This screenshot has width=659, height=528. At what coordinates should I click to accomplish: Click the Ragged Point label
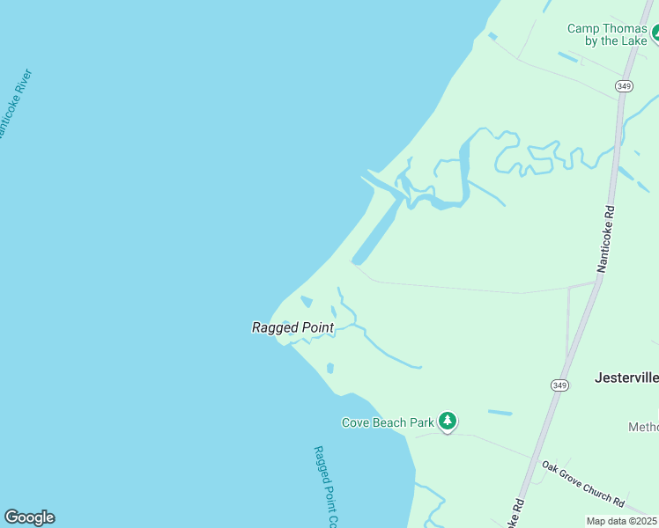[x=292, y=327]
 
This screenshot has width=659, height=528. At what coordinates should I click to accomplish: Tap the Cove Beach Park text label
[x=388, y=422]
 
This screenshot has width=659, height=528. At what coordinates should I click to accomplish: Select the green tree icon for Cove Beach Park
[x=448, y=422]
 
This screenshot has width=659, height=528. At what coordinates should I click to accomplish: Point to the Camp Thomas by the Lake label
[x=607, y=34]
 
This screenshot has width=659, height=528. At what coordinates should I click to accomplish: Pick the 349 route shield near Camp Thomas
[x=624, y=85]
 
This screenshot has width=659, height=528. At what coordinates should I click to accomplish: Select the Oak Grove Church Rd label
[x=582, y=484]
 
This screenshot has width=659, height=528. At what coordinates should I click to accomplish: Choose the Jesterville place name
[x=626, y=378]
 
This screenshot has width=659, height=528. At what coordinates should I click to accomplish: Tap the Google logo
[x=29, y=517]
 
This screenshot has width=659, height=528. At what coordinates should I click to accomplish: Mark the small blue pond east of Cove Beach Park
[x=500, y=412]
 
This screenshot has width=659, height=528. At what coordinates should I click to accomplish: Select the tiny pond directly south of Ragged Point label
[x=329, y=368]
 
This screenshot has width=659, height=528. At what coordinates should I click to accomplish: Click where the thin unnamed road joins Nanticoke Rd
[x=596, y=284]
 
